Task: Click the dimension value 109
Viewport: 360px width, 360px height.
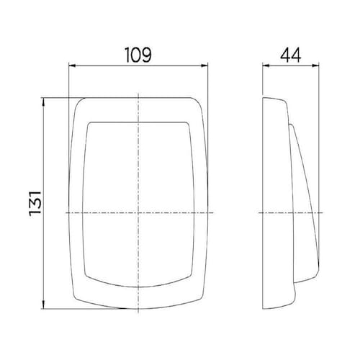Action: [138, 55]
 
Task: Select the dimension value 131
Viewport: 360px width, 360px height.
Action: [35, 203]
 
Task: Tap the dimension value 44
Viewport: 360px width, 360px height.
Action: [291, 55]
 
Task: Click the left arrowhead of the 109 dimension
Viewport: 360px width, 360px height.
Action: [72, 66]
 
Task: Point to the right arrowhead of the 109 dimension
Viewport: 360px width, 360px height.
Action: [204, 66]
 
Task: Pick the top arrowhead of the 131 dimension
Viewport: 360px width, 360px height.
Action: [43, 102]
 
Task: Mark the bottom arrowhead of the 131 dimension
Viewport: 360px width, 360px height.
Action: [43, 305]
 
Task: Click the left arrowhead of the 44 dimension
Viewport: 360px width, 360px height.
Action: [266, 66]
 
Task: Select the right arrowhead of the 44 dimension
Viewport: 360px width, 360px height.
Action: [315, 66]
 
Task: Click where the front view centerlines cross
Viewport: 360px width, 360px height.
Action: [138, 212]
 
